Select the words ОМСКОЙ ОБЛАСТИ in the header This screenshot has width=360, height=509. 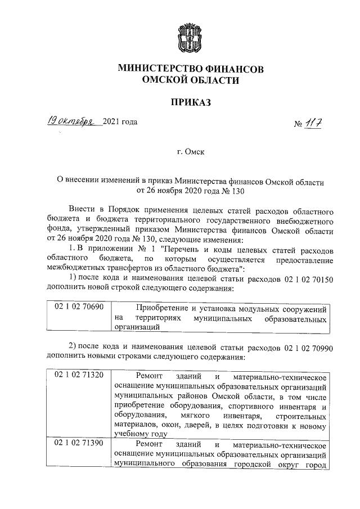(x=191, y=81)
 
